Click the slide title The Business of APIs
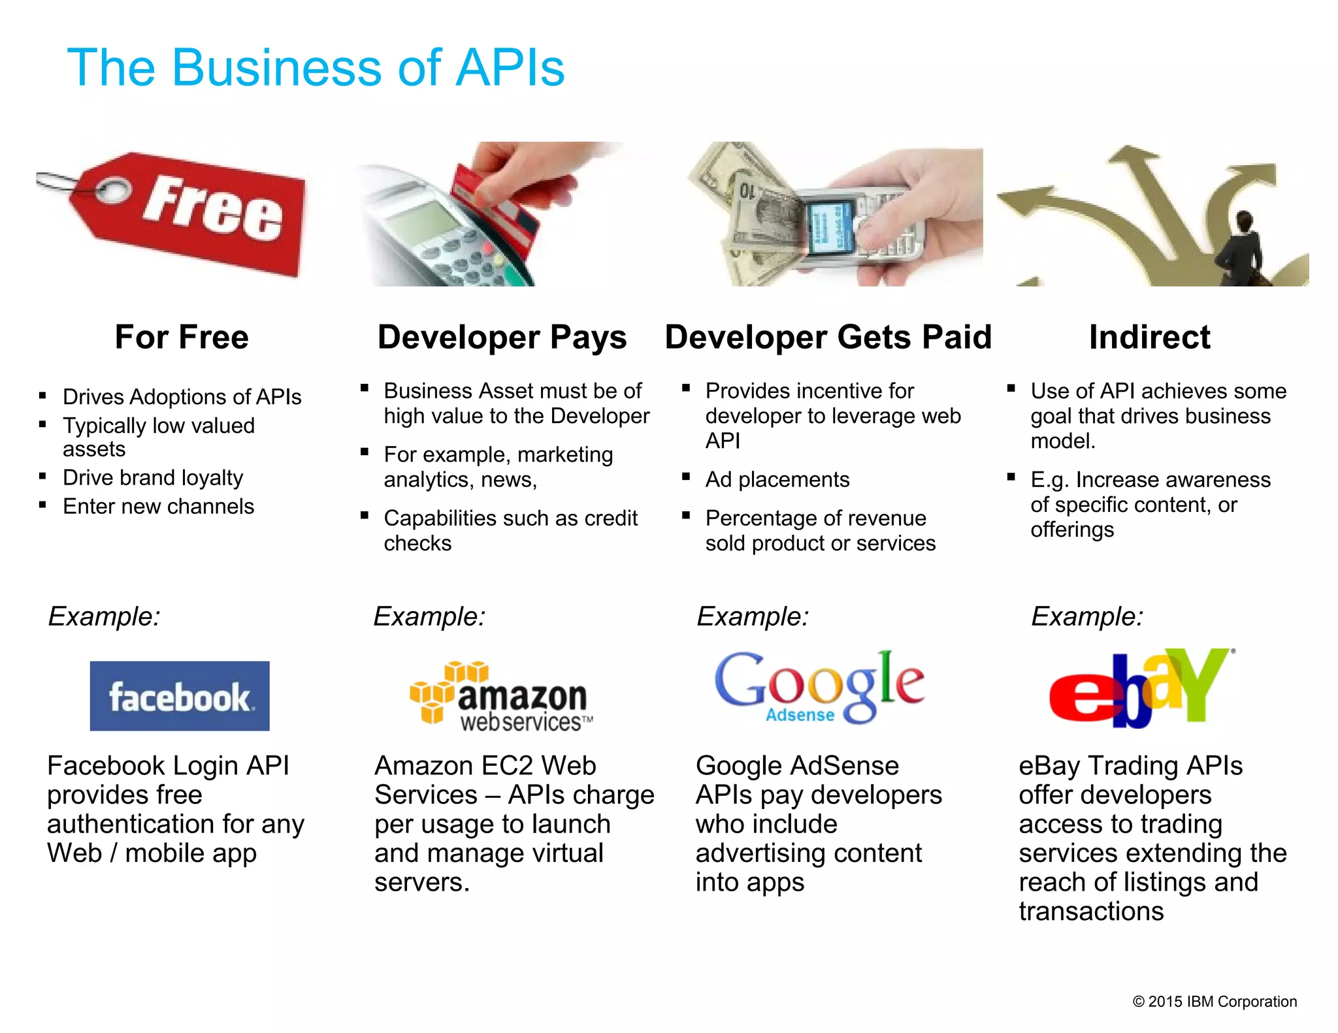click(316, 67)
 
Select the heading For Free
click(182, 338)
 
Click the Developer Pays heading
click(502, 338)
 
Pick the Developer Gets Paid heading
click(828, 338)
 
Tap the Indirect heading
click(1149, 338)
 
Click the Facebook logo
click(180, 696)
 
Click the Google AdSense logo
click(819, 687)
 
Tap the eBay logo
click(1140, 689)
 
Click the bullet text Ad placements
click(777, 480)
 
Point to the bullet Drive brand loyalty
click(153, 478)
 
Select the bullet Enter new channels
click(158, 507)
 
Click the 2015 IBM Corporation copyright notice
click(1215, 1002)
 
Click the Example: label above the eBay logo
click(1087, 616)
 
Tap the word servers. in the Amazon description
click(422, 883)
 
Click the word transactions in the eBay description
click(1091, 912)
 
